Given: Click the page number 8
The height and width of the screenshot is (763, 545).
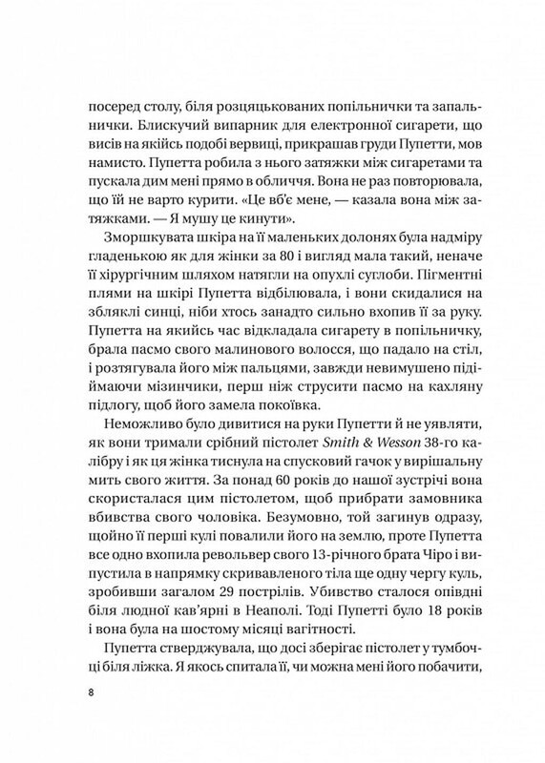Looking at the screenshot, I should coord(89,691).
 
